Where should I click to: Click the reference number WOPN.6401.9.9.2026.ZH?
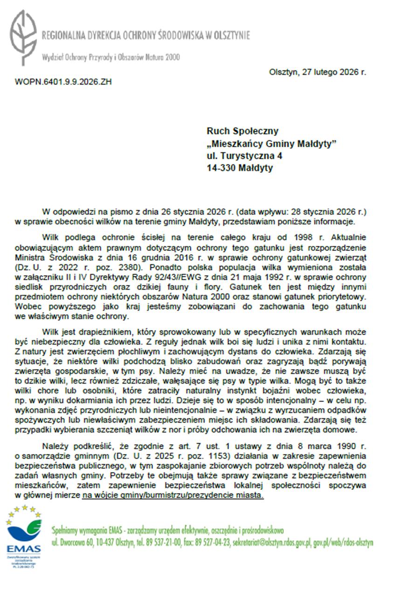(63, 82)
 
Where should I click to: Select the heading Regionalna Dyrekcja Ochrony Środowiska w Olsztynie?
(146, 35)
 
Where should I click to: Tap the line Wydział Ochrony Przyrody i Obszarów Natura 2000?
(110, 57)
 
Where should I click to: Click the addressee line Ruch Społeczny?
(242, 132)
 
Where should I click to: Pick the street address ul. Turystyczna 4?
(244, 156)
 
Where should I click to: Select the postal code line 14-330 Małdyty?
(240, 168)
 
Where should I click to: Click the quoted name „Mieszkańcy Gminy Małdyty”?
(271, 144)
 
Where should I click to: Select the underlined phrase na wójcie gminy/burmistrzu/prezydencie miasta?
(172, 496)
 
